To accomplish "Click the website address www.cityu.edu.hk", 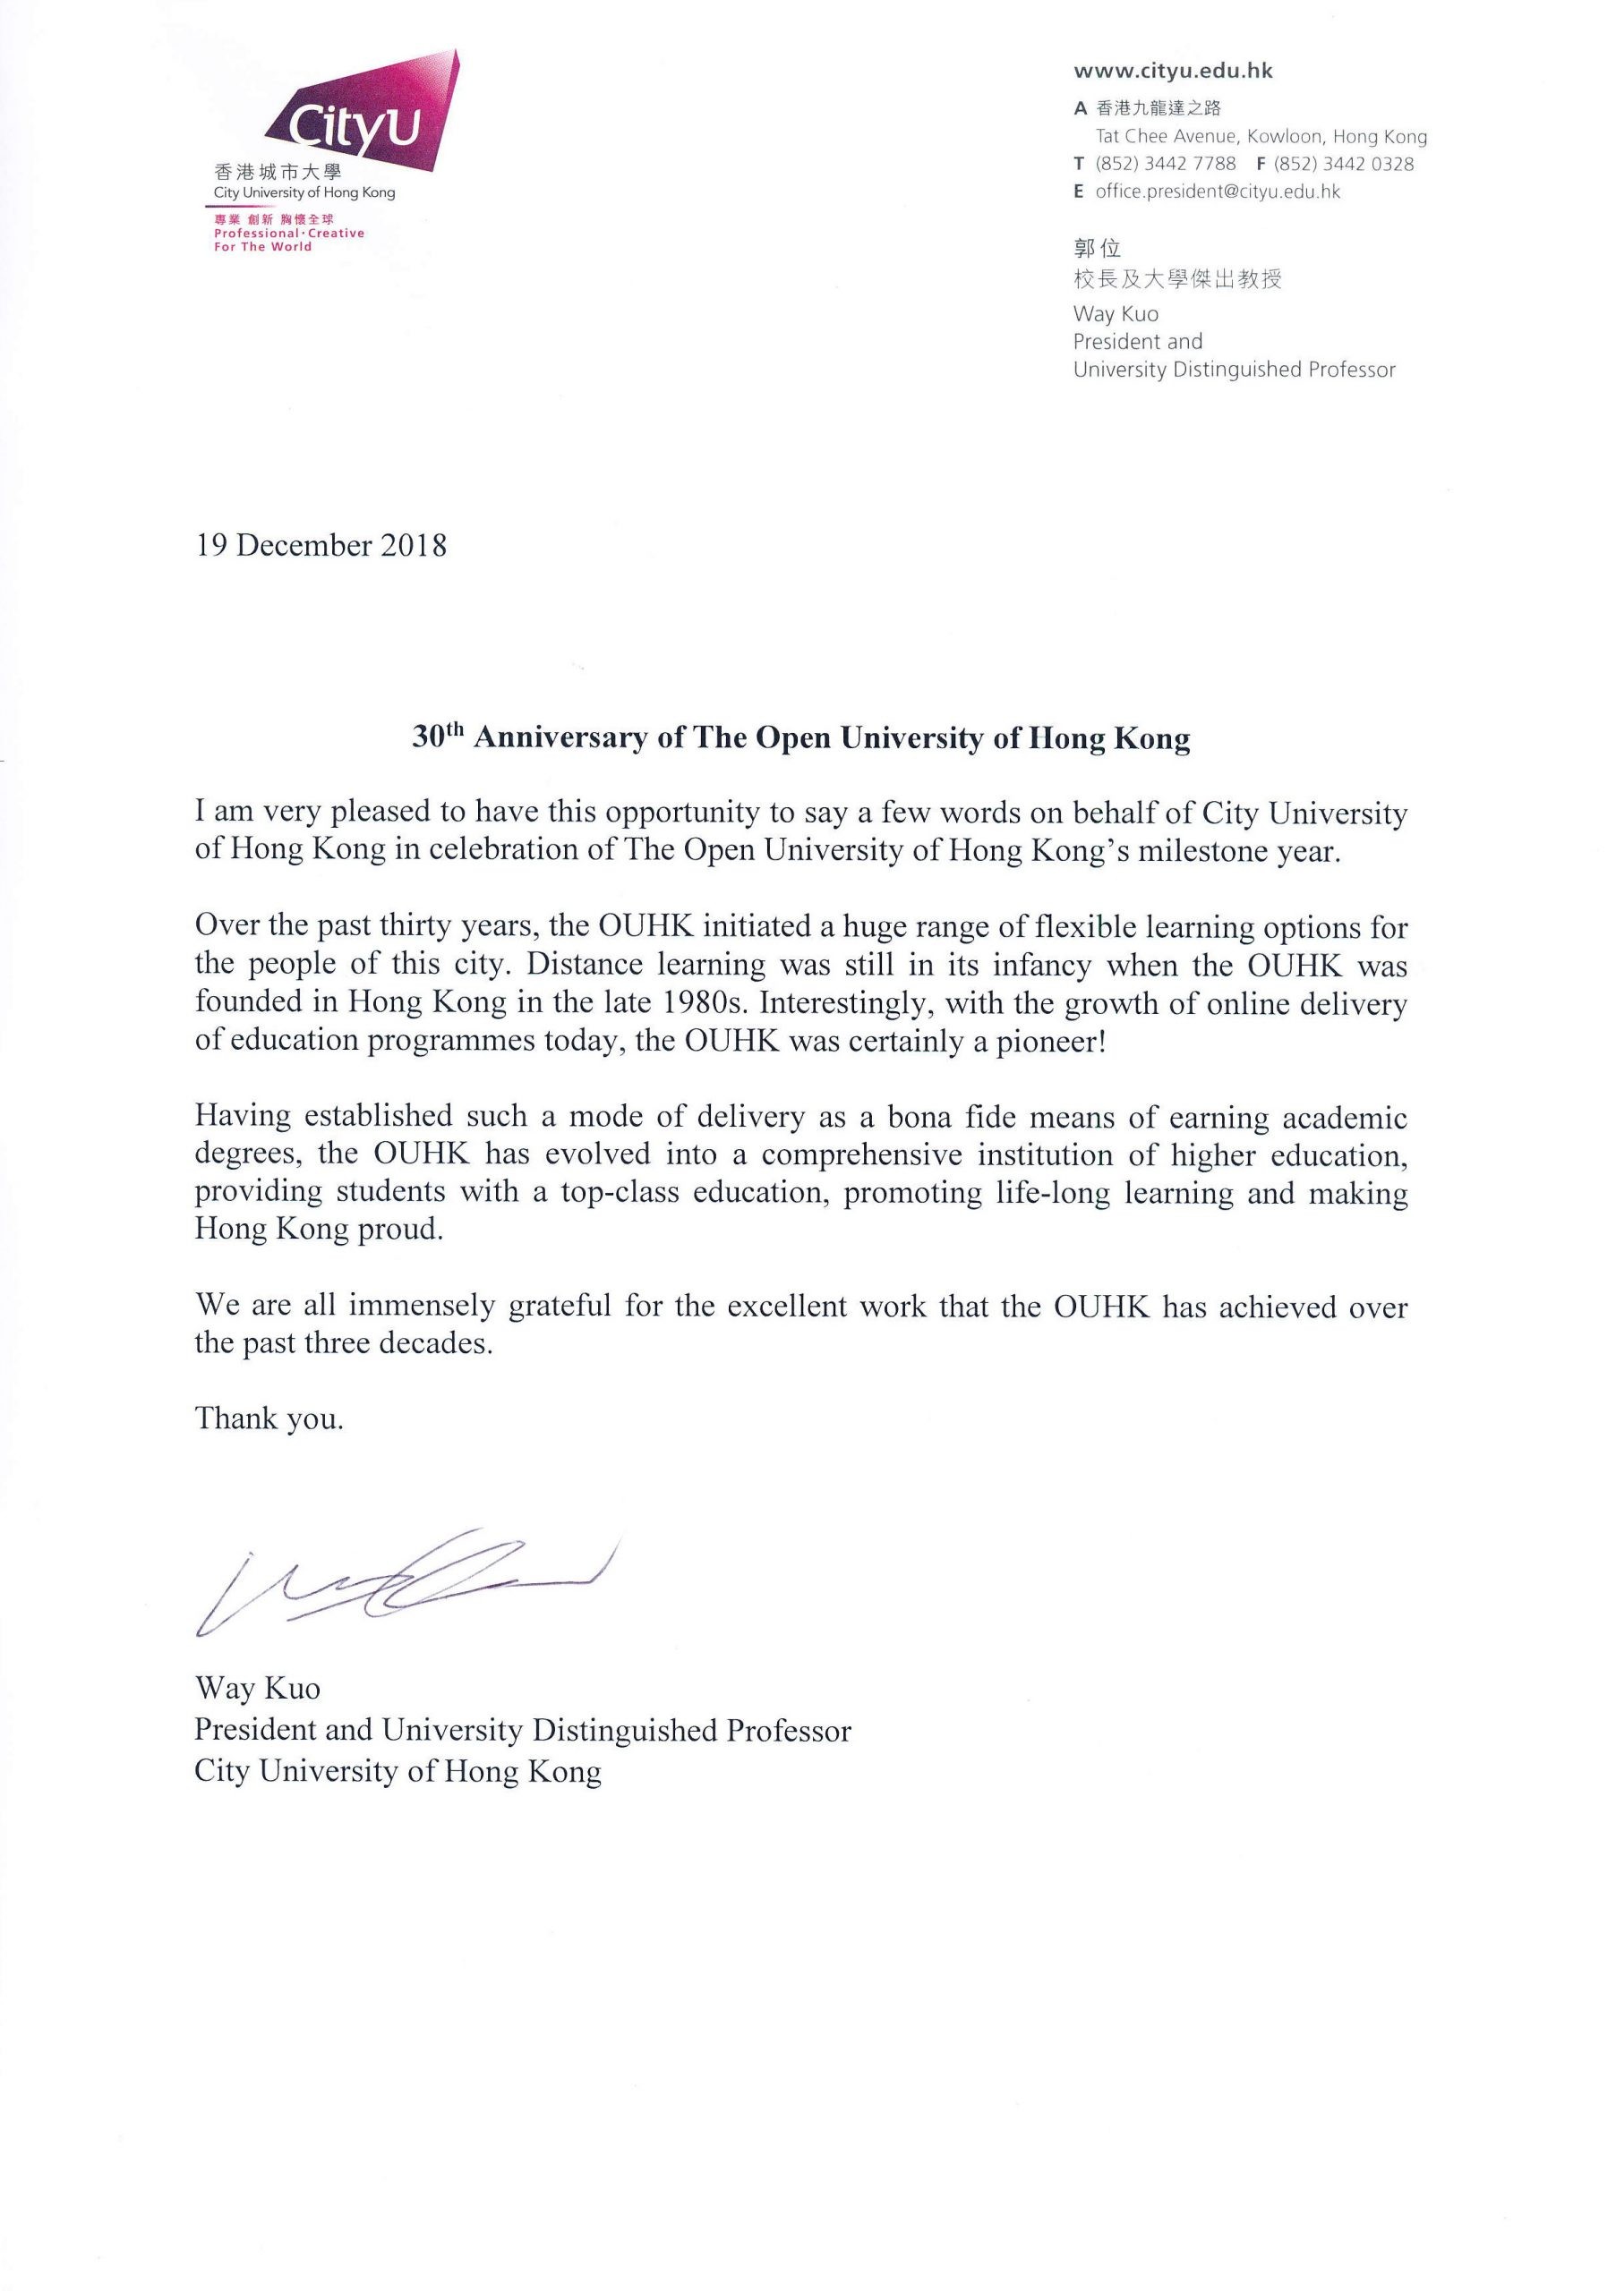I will pos(1173,71).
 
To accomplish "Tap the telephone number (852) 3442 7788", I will pos(1165,164).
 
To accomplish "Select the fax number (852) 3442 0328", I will pos(1344,164).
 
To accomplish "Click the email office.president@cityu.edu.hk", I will pos(1217,192).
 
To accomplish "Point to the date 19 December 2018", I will pos(321,546).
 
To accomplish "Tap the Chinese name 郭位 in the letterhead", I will pos(1097,249).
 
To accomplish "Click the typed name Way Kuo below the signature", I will pos(258,1689).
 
